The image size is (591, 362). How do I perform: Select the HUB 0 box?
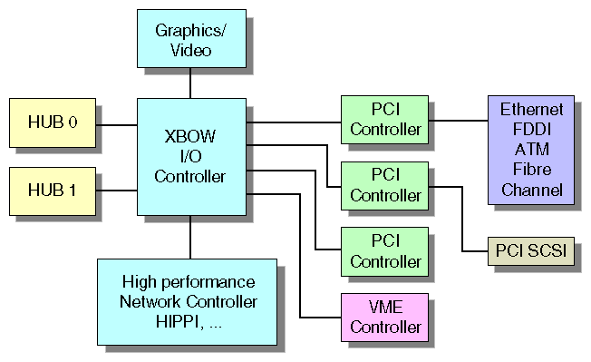coord(52,122)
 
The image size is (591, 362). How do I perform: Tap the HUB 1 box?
coord(52,191)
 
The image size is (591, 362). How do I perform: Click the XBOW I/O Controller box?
coord(190,157)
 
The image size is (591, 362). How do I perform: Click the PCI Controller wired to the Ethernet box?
coord(385,120)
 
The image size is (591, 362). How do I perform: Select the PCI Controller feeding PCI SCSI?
coord(385,184)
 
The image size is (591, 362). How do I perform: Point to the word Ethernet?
coord(531,110)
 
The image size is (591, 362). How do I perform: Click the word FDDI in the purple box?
coord(531,130)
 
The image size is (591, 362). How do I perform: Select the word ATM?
coord(531,150)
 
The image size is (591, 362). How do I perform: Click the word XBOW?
coord(190,137)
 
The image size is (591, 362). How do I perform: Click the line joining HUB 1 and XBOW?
coord(116,191)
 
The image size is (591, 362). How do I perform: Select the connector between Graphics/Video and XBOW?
coord(190,83)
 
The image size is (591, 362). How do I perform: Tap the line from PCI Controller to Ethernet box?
coord(458,120)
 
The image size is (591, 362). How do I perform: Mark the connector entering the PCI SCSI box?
coord(471,250)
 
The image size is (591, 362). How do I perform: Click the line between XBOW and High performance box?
coord(190,237)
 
